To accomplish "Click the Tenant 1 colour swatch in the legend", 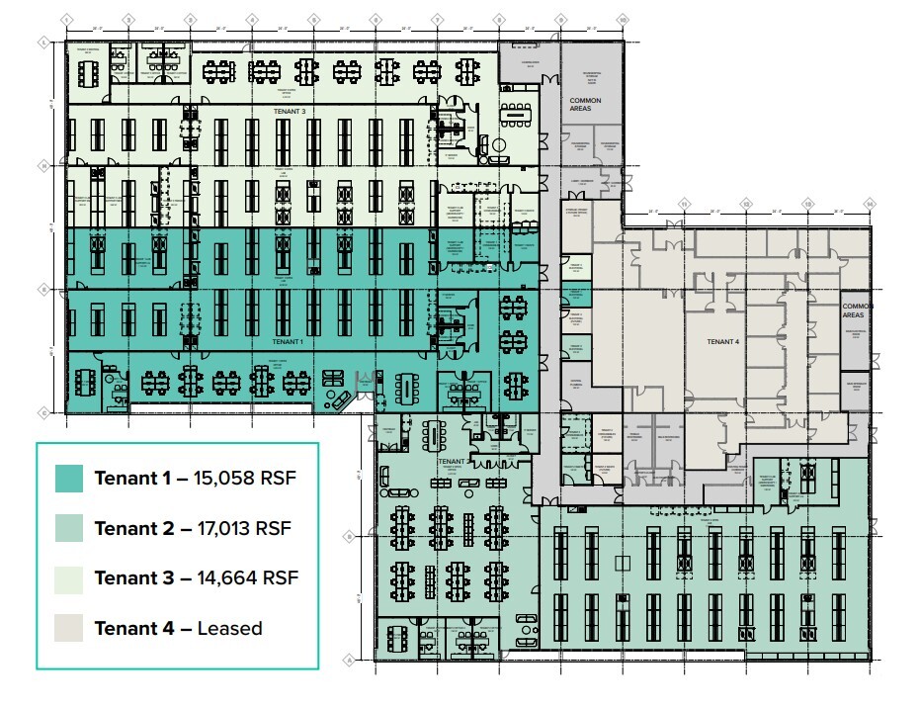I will pos(69,479).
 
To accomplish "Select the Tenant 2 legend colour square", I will pos(69,528).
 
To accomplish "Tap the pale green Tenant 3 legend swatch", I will pos(69,577).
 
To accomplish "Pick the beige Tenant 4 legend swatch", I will pos(69,627).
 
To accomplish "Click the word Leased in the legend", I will pos(229,628).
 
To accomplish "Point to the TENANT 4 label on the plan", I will pos(722,341).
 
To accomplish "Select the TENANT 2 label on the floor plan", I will pos(454,462).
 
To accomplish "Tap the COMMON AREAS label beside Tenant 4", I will pos(857,311).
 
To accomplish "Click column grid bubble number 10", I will pos(623,19).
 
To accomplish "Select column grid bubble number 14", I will pos(870,204).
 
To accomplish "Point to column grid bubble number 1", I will pos(66,19).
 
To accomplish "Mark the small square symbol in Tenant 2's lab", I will pos(622,564).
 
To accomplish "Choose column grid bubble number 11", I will pos(683,204).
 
